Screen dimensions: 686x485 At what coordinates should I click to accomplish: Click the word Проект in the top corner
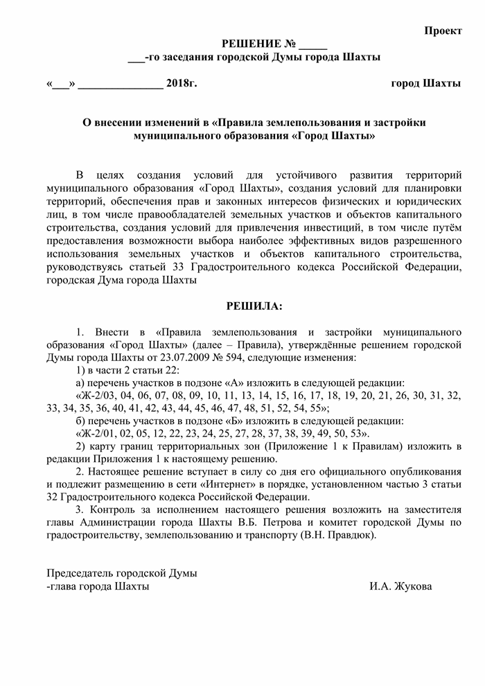(443, 32)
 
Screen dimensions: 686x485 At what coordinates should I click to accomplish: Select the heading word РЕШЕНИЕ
(250, 44)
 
